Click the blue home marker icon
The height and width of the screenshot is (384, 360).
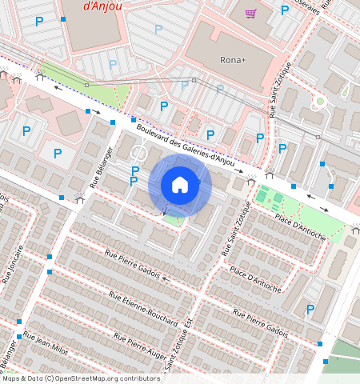tap(180, 186)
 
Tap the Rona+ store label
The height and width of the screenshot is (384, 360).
tap(234, 60)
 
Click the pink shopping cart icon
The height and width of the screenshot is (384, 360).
tap(251, 13)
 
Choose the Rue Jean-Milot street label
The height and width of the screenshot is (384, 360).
tap(50, 344)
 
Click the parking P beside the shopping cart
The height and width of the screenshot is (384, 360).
tap(284, 10)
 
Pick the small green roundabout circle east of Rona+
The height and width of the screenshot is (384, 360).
tap(320, 101)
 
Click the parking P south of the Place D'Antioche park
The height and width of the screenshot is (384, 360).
tap(310, 310)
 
